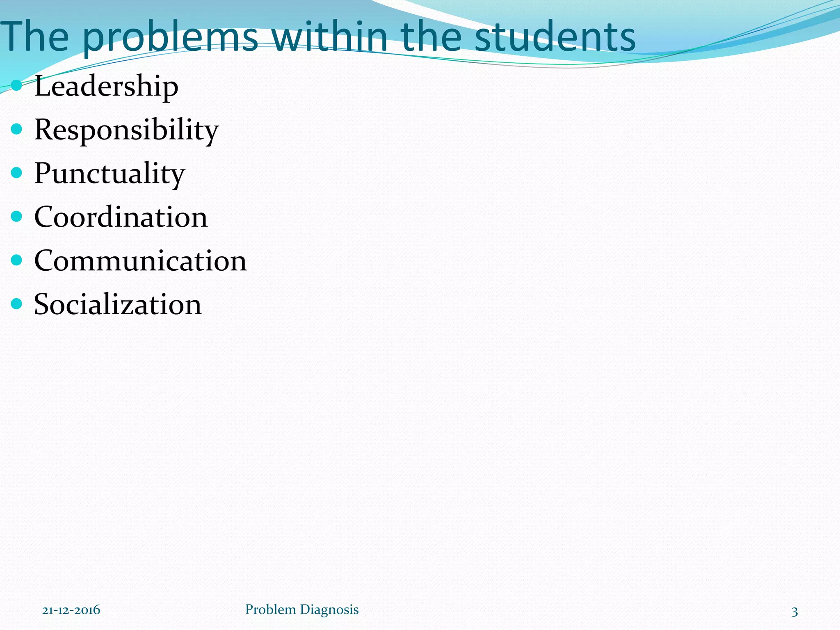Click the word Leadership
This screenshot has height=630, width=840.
(x=106, y=86)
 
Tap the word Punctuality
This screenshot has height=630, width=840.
(x=110, y=173)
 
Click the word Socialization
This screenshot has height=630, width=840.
(x=118, y=304)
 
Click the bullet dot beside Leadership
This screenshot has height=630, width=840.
(x=16, y=85)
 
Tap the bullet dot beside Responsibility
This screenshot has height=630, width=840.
(x=16, y=129)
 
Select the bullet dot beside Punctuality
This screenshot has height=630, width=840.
(x=16, y=173)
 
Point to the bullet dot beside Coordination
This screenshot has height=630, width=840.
(x=16, y=216)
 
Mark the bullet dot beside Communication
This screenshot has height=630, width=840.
(x=16, y=260)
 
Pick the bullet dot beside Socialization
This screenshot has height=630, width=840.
(x=16, y=304)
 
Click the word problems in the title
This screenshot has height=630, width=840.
(x=170, y=38)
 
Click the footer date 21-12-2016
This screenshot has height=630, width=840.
(x=71, y=610)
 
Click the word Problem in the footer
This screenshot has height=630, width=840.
(x=270, y=609)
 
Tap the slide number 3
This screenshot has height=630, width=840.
(x=794, y=612)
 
